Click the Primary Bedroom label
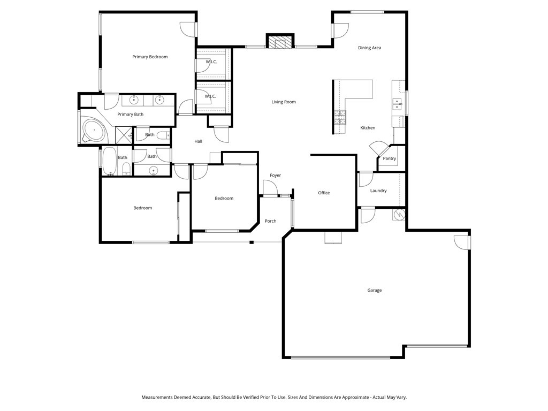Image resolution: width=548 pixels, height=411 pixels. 150,57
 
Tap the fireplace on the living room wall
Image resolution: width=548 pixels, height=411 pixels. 280,42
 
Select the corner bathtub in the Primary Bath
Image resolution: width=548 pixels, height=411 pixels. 94,130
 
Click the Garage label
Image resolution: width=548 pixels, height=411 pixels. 374,290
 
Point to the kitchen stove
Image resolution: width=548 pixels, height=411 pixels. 340,117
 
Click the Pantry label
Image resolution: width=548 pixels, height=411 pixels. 389,158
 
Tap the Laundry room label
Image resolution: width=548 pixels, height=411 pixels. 378,191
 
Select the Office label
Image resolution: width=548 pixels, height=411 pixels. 324,193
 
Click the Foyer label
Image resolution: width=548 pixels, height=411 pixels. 275,176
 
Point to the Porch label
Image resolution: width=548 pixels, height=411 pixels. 270,221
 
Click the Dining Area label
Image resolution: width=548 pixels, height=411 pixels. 369,48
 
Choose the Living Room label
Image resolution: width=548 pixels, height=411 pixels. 283,102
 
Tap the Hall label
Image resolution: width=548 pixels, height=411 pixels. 198,141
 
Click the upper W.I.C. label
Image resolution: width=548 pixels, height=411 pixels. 210,62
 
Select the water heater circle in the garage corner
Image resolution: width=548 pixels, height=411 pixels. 399,215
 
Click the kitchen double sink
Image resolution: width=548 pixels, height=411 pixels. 397,103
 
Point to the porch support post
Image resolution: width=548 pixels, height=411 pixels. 251,242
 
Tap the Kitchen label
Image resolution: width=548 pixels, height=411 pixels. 367,128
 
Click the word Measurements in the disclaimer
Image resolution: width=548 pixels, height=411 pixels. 157,398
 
